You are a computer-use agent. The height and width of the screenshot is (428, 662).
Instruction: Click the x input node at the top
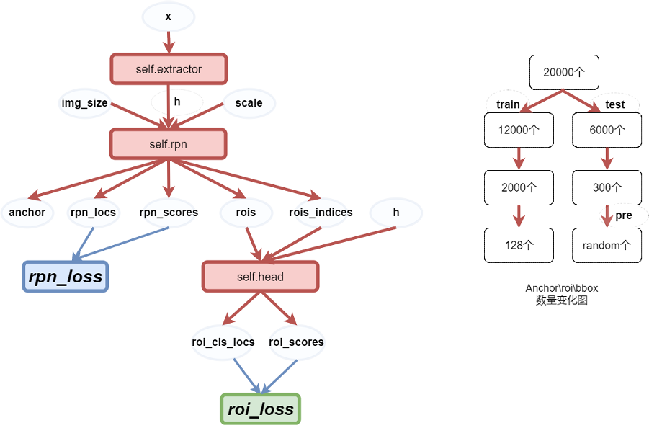click(x=168, y=17)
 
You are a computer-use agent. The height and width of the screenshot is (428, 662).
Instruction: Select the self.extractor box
click(x=169, y=69)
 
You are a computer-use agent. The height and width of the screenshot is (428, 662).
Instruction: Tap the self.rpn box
click(x=169, y=144)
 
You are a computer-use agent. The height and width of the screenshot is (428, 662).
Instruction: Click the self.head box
click(x=260, y=277)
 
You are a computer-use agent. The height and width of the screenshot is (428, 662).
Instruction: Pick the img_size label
click(x=84, y=103)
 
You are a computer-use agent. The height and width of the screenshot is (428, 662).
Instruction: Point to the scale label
click(x=249, y=103)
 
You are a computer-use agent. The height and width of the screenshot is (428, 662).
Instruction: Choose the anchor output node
click(x=27, y=213)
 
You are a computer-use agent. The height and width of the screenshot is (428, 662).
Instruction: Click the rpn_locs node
click(x=93, y=213)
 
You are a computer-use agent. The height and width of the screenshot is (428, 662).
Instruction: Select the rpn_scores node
click(x=169, y=213)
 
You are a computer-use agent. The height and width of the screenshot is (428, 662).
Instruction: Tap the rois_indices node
click(x=321, y=213)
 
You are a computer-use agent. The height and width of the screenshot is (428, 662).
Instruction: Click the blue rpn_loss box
click(x=65, y=277)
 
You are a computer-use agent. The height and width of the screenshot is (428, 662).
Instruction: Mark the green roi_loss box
click(x=260, y=409)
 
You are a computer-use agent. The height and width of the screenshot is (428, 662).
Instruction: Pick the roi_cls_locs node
click(x=223, y=342)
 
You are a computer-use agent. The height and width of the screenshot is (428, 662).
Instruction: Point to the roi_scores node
click(x=296, y=342)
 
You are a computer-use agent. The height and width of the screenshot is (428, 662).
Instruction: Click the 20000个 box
click(x=564, y=72)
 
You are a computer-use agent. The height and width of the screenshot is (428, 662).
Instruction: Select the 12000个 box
click(x=519, y=130)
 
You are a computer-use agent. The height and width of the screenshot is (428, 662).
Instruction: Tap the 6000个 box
click(x=607, y=130)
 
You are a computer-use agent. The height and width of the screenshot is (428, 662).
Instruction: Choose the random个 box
click(x=607, y=245)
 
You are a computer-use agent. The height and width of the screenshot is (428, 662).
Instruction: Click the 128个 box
click(x=519, y=245)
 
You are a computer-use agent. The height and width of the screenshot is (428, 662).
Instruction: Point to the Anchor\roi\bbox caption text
click(x=562, y=288)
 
